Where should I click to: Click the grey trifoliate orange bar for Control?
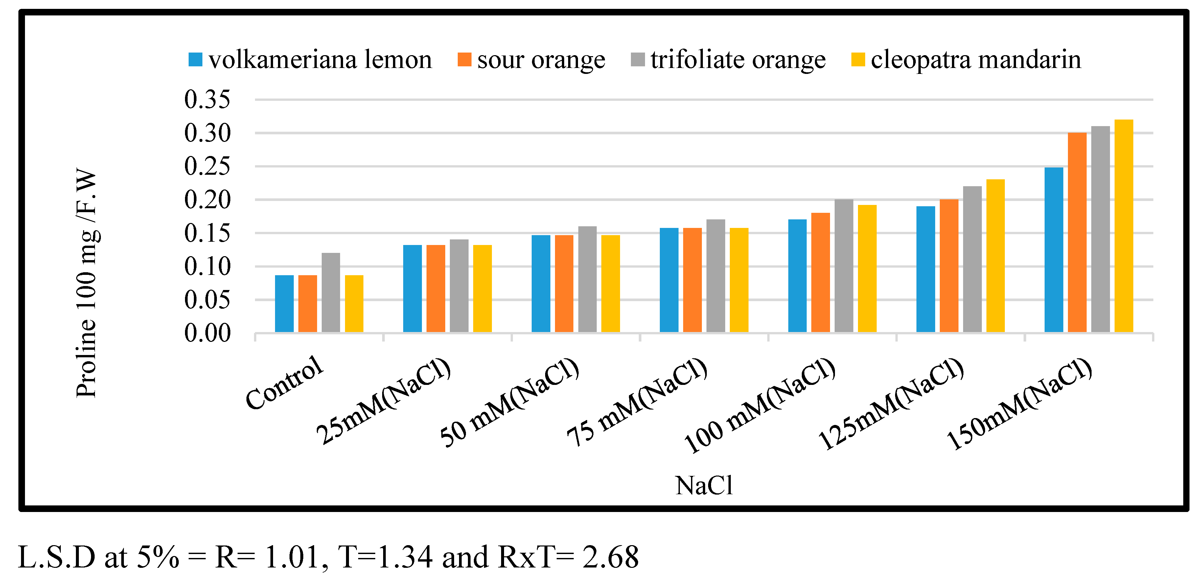point(331,293)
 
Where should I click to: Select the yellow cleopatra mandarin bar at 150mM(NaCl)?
point(1123,226)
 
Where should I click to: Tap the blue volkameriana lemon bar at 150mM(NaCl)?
point(1054,250)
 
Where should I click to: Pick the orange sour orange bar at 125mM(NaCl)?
point(949,266)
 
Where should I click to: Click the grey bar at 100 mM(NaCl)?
point(844,266)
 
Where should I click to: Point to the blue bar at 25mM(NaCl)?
point(412,289)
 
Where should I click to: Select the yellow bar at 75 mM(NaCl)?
point(739,280)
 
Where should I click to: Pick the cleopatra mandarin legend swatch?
point(858,60)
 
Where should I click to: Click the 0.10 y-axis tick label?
point(207,267)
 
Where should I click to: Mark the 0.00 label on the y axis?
point(207,333)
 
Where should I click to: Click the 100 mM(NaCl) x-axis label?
point(760,406)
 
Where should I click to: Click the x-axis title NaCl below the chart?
point(704,486)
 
